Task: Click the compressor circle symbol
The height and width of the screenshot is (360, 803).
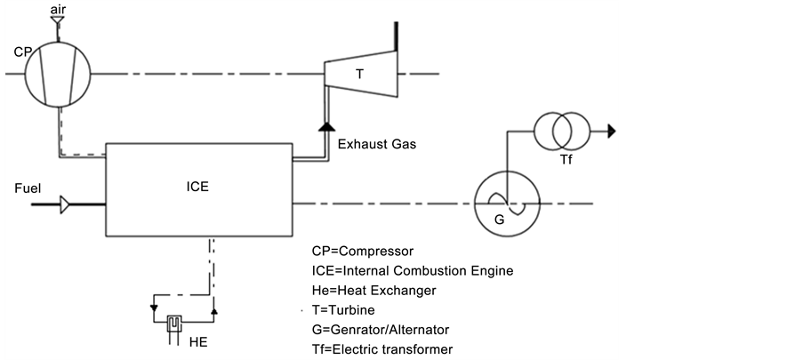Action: tap(58, 73)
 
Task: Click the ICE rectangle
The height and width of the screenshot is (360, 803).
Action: tap(199, 188)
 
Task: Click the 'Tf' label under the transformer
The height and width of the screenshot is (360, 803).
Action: tap(566, 162)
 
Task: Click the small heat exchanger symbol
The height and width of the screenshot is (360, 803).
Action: tap(175, 324)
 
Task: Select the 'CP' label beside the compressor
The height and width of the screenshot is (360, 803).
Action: tap(23, 52)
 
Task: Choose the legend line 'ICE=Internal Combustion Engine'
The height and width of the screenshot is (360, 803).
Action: tap(419, 270)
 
